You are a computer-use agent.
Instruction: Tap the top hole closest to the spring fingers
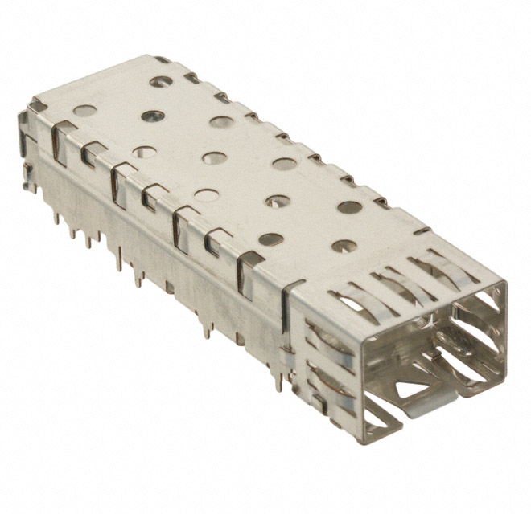click(x=344, y=247)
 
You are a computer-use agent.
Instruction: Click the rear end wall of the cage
click(x=28, y=153)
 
